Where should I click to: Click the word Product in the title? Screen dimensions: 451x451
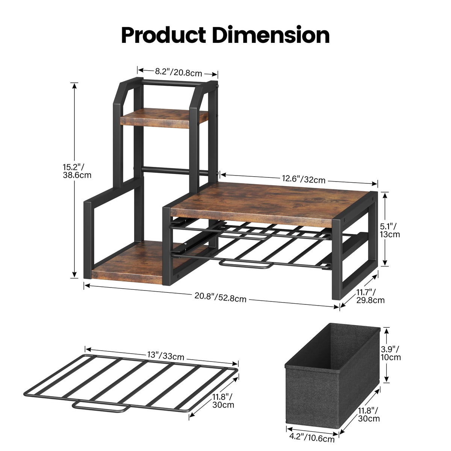[x=163, y=35]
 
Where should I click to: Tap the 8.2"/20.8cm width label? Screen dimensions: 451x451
[x=179, y=73]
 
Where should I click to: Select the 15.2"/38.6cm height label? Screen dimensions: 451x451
[x=77, y=171]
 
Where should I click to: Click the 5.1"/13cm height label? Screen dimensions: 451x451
[x=390, y=230]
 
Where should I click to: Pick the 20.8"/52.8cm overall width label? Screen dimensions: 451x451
[x=220, y=298]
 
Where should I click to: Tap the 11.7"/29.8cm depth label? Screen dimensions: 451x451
[x=370, y=296]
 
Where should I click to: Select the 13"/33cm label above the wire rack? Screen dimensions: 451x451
[x=165, y=356]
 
